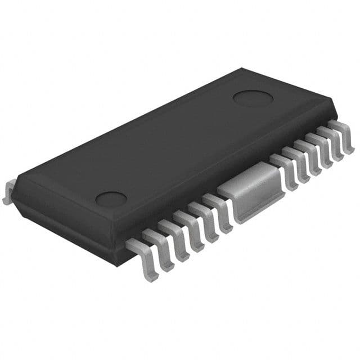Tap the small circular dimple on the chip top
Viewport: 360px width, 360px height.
click(111, 198)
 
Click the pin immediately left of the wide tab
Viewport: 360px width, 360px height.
click(217, 211)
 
